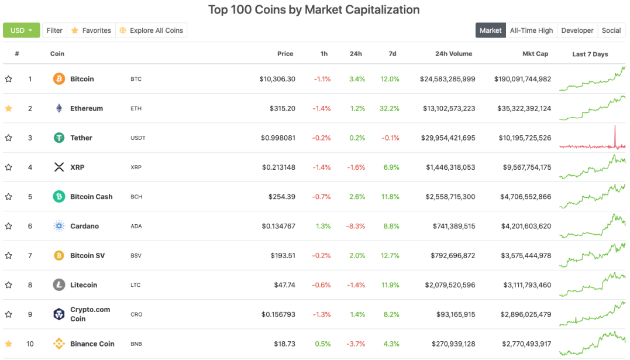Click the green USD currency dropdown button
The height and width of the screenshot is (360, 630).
[x=21, y=30]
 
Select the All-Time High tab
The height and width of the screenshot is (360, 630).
[x=531, y=30]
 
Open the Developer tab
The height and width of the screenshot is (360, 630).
[x=577, y=30]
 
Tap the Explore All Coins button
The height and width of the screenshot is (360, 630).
[x=151, y=30]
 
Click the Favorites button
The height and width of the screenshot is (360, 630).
[x=91, y=30]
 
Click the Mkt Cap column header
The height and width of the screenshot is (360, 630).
[x=535, y=53]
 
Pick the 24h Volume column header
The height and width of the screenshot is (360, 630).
[x=453, y=53]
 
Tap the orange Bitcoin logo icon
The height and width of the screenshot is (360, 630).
[x=59, y=79]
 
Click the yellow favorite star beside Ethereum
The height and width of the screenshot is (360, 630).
[x=8, y=108]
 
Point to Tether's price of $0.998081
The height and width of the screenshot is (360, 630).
[x=278, y=138]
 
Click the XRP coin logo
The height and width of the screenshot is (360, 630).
[x=59, y=167]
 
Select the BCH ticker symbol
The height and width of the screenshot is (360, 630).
[x=136, y=197]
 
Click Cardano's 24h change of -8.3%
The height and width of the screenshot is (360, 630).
[x=356, y=226]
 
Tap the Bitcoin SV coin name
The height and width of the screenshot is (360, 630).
[x=88, y=255]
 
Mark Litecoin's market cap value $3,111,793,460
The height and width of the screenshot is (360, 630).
[x=527, y=285]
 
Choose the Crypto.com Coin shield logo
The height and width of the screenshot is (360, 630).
[x=59, y=314]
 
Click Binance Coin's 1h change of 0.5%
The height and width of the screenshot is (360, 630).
[x=323, y=344]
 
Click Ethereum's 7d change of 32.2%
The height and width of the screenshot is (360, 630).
[x=390, y=108]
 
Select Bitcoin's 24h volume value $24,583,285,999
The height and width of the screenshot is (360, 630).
[x=447, y=79]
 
